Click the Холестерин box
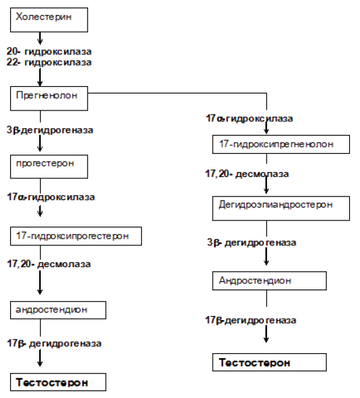coord(49,20)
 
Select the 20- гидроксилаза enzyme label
coord(49,52)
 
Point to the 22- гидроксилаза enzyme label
coord(49,62)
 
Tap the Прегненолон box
coord(49,98)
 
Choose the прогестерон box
coord(49,167)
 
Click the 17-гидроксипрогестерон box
coord(76,236)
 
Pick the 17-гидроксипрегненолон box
coord(281,144)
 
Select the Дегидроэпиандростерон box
coord(281,208)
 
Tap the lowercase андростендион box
coord(58,310)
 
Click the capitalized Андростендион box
coord(269,281)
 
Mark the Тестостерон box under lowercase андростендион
coord(58,382)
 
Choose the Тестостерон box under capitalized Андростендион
coord(269,362)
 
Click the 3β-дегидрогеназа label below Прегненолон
coord(49,130)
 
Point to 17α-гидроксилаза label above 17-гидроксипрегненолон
coord(249,119)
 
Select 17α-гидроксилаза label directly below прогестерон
coord(51,197)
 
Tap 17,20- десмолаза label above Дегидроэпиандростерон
coord(247,174)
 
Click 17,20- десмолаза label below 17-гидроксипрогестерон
coord(49,264)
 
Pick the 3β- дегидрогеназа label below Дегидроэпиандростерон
coord(252,243)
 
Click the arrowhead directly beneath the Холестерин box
coord(40,41)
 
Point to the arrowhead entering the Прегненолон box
coord(40,83)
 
